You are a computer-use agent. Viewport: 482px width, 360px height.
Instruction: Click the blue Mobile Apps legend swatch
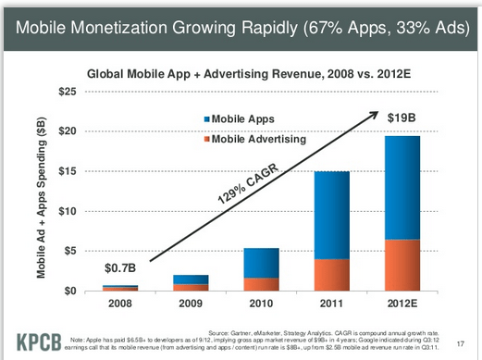pyautogui.click(x=205, y=120)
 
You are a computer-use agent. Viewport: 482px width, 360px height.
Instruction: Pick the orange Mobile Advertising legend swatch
pyautogui.click(x=205, y=139)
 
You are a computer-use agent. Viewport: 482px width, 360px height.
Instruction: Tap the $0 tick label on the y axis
pyautogui.click(x=68, y=292)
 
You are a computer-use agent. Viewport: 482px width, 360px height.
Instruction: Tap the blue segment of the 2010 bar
pyautogui.click(x=262, y=263)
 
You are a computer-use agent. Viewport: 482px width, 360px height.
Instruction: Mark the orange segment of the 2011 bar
pyautogui.click(x=331, y=275)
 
